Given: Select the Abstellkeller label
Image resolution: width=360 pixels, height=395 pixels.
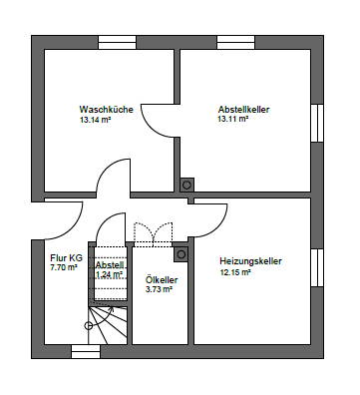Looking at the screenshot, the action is (243, 109).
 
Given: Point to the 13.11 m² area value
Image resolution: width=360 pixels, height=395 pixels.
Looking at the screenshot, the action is (234, 120).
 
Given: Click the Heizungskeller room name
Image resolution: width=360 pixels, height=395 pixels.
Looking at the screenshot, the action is (250, 261).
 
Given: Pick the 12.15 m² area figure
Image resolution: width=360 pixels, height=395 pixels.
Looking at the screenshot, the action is (235, 272).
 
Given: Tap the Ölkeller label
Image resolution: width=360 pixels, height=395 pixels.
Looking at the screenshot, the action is (161, 279).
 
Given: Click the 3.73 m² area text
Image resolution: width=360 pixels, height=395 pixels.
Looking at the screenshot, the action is (159, 290).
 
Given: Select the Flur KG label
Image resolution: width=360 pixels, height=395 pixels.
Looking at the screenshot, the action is (66, 256).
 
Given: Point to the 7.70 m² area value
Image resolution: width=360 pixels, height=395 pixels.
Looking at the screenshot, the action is (63, 267).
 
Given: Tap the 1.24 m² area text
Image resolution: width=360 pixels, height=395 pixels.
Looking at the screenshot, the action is (108, 275).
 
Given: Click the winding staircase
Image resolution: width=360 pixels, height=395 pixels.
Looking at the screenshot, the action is (106, 322).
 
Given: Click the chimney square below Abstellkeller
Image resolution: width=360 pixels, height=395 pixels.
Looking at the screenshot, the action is (186, 185).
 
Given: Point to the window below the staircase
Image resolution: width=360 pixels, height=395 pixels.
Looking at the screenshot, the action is (86, 351).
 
